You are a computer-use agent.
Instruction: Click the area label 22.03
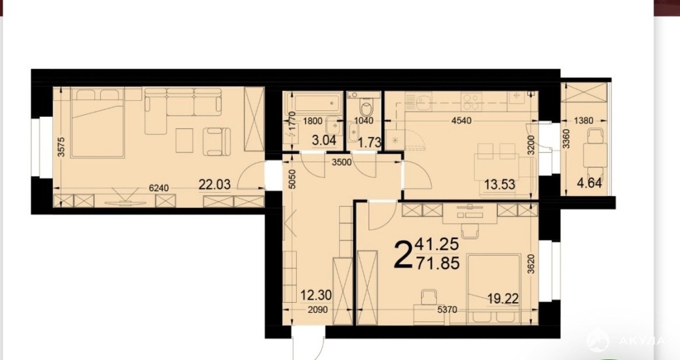214,185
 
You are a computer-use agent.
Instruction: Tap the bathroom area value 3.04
325,141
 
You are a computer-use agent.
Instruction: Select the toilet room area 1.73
369,142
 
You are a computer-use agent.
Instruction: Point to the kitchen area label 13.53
499,185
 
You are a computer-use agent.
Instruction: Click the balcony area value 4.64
590,183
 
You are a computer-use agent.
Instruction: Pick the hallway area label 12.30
316,296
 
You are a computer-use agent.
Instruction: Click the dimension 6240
158,188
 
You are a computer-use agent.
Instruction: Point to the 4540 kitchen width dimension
461,121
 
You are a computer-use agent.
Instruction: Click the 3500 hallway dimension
343,163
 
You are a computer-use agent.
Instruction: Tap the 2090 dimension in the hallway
318,310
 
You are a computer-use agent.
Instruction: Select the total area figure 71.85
438,263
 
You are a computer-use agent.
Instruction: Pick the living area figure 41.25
437,245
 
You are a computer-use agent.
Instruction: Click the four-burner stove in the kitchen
471,102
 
